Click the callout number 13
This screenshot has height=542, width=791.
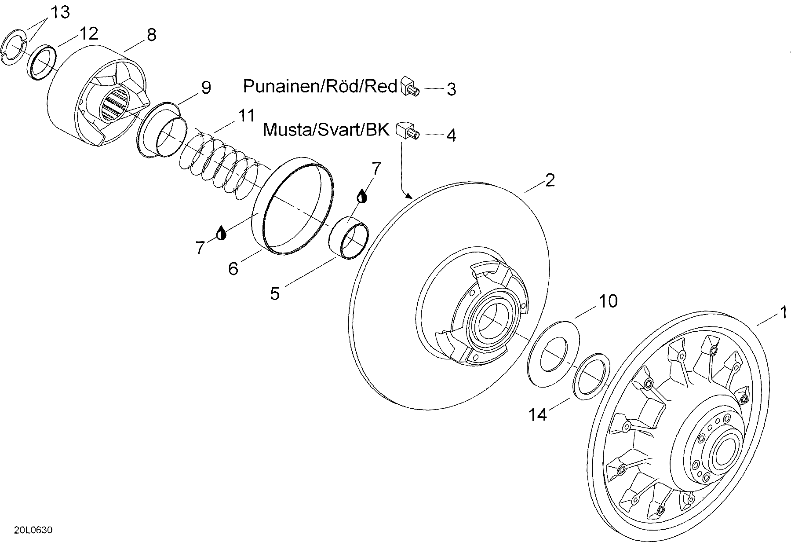(x=60, y=12)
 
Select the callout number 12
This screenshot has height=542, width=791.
(x=89, y=33)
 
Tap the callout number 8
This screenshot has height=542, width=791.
(x=151, y=35)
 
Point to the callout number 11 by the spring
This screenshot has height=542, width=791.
(x=246, y=116)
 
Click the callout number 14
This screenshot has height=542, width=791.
(x=537, y=414)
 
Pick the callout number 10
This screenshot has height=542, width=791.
(x=608, y=301)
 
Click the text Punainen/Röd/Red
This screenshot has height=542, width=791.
(x=320, y=86)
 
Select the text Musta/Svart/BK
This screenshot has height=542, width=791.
(x=326, y=130)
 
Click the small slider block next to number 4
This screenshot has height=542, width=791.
(x=408, y=131)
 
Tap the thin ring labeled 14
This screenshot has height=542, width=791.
(x=591, y=376)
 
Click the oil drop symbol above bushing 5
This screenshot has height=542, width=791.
(x=361, y=196)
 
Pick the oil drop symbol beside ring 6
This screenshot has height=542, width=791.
(x=221, y=233)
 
